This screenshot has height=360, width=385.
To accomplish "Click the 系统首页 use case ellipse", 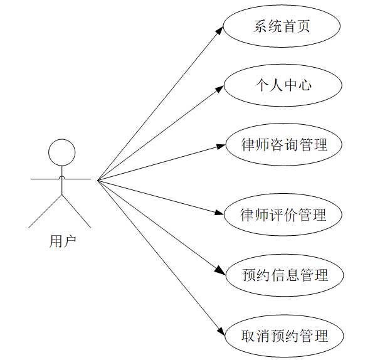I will [x=282, y=26].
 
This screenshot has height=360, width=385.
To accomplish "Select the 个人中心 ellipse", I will [x=282, y=85].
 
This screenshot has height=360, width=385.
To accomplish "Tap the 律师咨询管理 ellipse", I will [x=283, y=145].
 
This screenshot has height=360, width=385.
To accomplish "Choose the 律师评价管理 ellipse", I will [x=283, y=215].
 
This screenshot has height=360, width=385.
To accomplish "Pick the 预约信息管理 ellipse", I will [x=284, y=275].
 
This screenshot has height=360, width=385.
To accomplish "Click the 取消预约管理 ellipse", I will [x=284, y=336].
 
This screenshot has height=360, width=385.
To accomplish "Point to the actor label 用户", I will [x=63, y=241].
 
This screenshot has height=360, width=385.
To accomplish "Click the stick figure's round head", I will [x=62, y=152].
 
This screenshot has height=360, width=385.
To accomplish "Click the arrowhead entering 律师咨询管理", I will [x=219, y=146].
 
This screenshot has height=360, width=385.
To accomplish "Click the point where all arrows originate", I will [x=98, y=180].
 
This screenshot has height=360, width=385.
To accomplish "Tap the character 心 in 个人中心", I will [x=304, y=85].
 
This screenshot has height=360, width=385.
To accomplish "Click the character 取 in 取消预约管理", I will [x=248, y=336].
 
